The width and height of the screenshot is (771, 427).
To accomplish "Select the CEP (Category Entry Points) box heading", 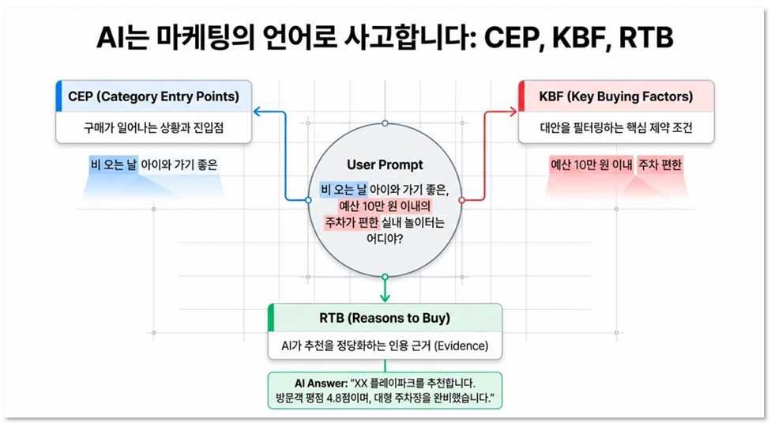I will (153, 97).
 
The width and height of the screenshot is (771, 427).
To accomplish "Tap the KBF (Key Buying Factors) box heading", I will (616, 97).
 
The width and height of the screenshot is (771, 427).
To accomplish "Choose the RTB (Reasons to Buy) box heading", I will (385, 318).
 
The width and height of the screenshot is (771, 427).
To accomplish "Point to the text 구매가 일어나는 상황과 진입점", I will (153, 127).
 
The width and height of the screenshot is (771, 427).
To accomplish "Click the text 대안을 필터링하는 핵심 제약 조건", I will (616, 127).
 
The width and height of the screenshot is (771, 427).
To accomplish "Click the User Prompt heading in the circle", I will (385, 165).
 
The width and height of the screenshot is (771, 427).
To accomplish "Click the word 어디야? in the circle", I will (385, 239).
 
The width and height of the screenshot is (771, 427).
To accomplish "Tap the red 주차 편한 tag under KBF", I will (660, 165).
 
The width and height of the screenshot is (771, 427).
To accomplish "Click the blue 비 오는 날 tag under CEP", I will (113, 165).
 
